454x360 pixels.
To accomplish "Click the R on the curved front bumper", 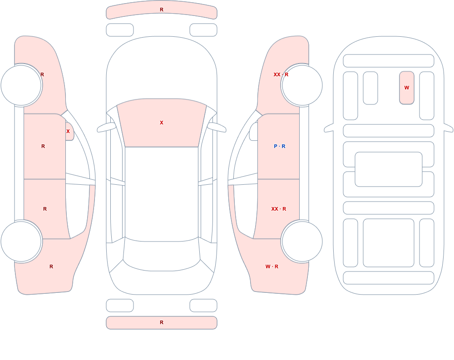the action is pos(162,10).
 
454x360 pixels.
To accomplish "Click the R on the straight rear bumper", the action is pos(162,322).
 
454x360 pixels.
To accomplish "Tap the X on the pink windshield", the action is pos(162,123).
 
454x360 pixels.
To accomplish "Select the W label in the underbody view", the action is pos(407,88).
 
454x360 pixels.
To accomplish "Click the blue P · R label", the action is pos(280,146).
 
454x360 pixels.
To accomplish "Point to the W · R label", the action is pos(272,266).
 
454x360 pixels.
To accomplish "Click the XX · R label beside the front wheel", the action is pos(281,74).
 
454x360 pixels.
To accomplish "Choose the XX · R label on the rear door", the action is pos(279,209).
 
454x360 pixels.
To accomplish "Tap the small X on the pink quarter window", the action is pos(68,131).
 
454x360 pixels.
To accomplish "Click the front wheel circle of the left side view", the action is pos(21,85).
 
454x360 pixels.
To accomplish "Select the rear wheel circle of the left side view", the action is pos(21,241).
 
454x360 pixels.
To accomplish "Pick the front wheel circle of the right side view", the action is pos(302,85).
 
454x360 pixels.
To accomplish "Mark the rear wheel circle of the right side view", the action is pos(302,241).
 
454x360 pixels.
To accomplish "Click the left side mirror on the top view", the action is pos(106,127).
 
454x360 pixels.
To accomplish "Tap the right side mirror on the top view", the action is pos(217,127).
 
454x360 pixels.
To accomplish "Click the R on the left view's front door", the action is pos(43,146).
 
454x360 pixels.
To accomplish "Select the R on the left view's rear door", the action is pos(45,209).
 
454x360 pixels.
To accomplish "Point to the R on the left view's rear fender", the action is pos(51,266).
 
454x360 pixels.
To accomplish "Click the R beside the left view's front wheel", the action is pos(42,74).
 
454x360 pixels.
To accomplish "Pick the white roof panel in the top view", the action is pos(162,193).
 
